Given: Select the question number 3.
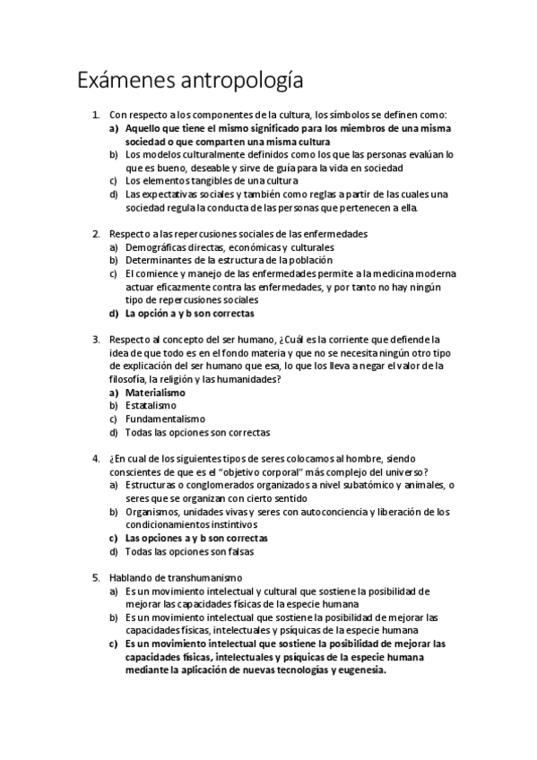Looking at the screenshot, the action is pyautogui.click(x=96, y=340).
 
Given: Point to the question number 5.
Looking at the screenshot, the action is pyautogui.click(x=96, y=578).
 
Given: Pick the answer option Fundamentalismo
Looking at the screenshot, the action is pyautogui.click(x=165, y=419).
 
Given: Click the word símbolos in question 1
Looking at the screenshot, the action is pyautogui.click(x=326, y=115).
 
